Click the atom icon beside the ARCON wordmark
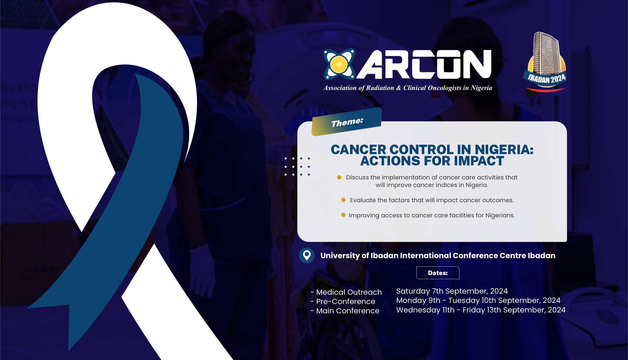(339, 64)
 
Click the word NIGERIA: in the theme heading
(504, 149)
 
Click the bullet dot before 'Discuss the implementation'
(339, 177)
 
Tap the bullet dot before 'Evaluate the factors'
(343, 200)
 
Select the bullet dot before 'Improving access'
(343, 215)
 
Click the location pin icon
(307, 255)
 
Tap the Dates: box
(438, 273)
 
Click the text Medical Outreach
(349, 292)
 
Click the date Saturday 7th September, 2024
(452, 291)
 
